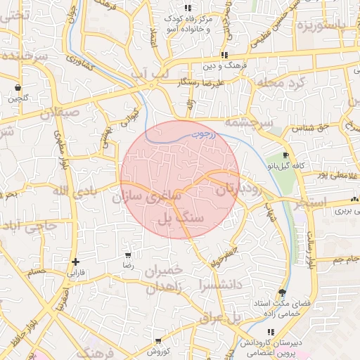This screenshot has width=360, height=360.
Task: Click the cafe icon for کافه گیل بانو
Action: point(285,155)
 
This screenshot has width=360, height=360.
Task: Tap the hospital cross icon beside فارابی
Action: point(75,262)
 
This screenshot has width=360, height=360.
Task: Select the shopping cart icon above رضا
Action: point(127,255)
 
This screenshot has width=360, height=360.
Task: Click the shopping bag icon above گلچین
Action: point(17,88)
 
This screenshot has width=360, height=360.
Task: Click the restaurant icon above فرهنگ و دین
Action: point(224,55)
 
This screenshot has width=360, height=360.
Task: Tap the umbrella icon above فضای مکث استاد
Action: point(283,292)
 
